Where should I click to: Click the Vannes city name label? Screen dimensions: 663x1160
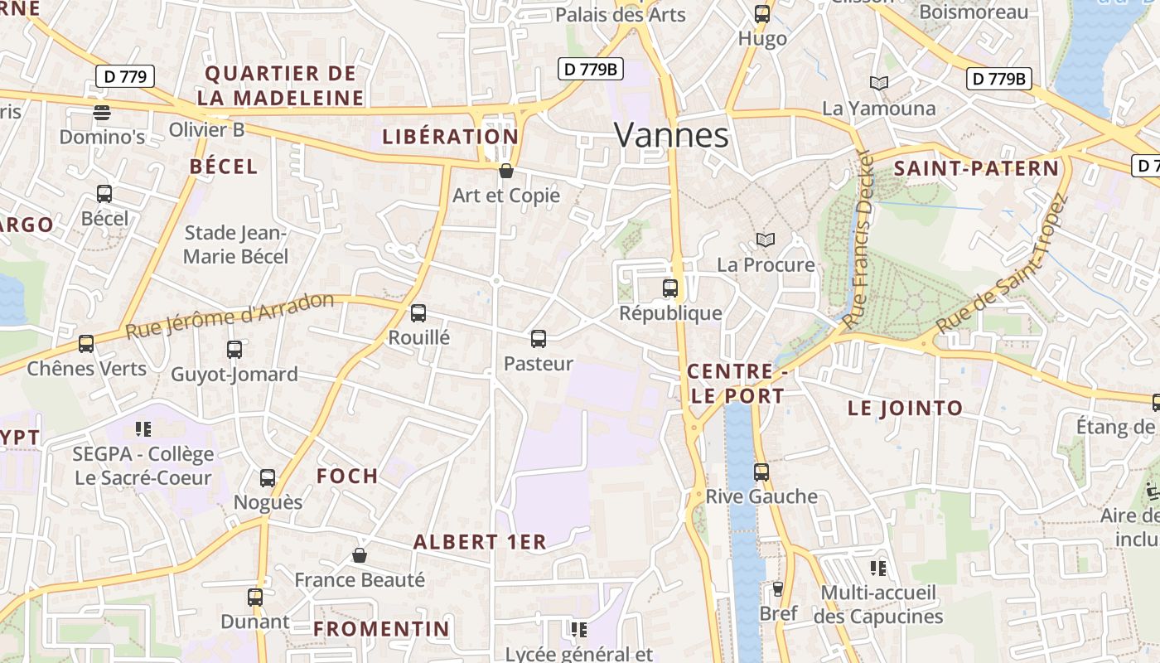(672, 135)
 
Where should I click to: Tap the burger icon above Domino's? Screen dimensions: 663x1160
(102, 112)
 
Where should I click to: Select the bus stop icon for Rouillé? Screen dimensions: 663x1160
(418, 313)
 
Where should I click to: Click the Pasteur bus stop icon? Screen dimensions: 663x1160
(539, 338)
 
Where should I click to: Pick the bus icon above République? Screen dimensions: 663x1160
(670, 288)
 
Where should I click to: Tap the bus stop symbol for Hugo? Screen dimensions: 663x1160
(762, 14)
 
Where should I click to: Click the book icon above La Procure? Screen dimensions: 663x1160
(766, 240)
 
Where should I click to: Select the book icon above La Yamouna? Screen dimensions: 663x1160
(878, 83)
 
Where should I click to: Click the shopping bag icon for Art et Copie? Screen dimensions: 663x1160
(506, 171)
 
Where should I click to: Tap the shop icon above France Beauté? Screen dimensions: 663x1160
(360, 555)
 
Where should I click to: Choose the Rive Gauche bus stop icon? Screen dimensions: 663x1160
(761, 472)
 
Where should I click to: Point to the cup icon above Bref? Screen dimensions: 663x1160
(777, 589)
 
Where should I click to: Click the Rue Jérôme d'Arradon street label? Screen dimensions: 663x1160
(230, 316)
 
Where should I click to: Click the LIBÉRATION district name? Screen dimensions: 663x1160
(450, 137)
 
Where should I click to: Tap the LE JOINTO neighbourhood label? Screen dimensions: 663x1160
(905, 408)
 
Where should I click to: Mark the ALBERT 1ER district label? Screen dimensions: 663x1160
(480, 542)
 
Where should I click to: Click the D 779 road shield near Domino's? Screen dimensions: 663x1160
(125, 77)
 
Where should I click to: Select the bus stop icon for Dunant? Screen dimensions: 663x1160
(255, 597)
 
